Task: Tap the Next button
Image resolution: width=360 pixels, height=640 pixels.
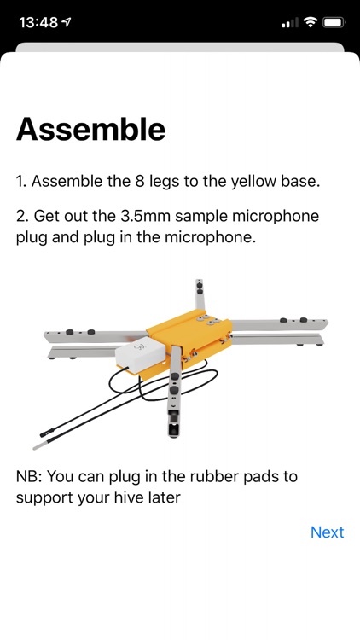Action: pyautogui.click(x=327, y=532)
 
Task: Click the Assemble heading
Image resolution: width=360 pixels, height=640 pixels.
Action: pyautogui.click(x=90, y=129)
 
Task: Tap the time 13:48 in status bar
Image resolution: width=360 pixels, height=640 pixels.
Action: pyautogui.click(x=38, y=22)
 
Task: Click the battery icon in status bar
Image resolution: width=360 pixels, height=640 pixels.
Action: pyautogui.click(x=334, y=22)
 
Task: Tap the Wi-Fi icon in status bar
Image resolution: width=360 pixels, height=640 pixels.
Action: pyautogui.click(x=309, y=22)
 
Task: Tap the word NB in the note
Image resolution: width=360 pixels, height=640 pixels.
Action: pyautogui.click(x=28, y=475)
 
